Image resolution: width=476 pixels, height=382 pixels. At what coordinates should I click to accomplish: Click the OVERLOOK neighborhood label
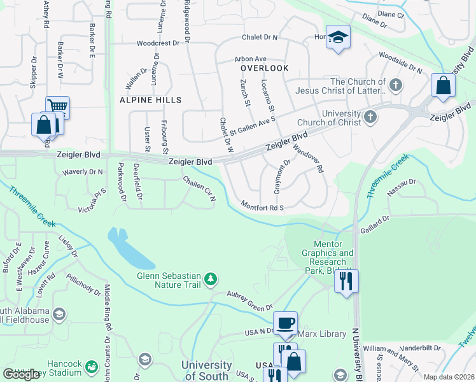pyautogui.click(x=264, y=68)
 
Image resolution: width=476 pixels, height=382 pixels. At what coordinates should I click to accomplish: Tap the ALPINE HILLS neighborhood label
pyautogui.click(x=150, y=100)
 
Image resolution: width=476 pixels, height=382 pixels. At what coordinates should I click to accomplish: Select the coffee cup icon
pyautogui.click(x=285, y=323)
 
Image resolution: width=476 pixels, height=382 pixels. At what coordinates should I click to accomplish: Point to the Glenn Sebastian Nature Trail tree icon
pyautogui.click(x=211, y=278)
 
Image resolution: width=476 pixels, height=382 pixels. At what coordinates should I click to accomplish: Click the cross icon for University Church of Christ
pyautogui.click(x=370, y=118)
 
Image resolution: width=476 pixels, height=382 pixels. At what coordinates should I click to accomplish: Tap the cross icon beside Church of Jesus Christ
pyautogui.click(x=395, y=85)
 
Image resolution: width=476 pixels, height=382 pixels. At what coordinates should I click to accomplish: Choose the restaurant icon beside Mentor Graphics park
pyautogui.click(x=346, y=280)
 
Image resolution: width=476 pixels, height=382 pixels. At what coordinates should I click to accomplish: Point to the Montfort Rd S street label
pyautogui.click(x=262, y=206)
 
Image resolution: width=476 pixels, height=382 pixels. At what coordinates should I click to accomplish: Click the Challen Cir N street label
pyautogui.click(x=200, y=190)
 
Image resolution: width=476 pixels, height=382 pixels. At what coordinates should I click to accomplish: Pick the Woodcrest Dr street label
pyautogui.click(x=160, y=44)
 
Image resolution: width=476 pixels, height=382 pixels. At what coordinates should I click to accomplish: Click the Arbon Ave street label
pyautogui.click(x=250, y=58)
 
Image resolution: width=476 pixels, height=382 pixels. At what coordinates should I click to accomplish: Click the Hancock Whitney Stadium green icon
pyautogui.click(x=92, y=367)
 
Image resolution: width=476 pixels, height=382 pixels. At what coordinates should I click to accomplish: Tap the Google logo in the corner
pyautogui.click(x=22, y=374)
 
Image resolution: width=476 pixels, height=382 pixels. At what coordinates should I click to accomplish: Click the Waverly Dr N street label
pyautogui.click(x=82, y=172)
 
